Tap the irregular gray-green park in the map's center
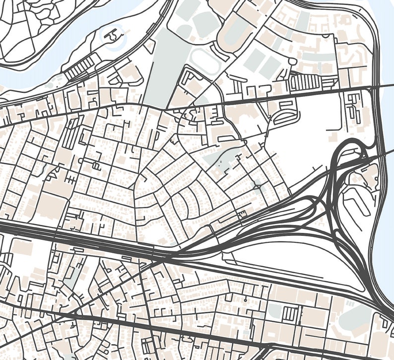218,159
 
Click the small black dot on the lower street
245,300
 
